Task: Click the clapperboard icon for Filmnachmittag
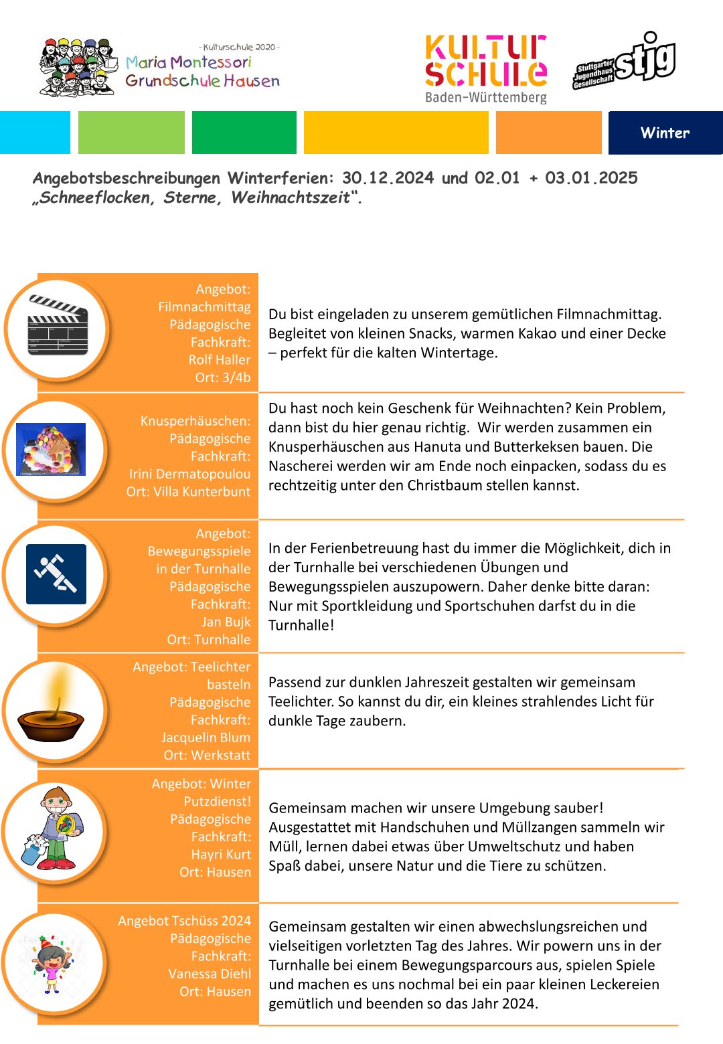[58, 326]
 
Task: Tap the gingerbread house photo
[51, 450]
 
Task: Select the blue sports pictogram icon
[56, 574]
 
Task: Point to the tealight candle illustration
[51, 712]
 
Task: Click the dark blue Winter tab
[665, 133]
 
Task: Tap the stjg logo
[625, 61]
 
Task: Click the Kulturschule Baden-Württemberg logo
[486, 69]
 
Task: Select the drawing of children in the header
[77, 67]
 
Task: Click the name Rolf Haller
[220, 360]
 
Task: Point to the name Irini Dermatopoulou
[190, 474]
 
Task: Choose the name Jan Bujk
[226, 622]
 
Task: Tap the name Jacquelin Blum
[206, 737]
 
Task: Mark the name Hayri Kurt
[221, 855]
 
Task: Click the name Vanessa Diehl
[210, 974]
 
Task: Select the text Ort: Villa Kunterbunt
[188, 491]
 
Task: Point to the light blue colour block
[35, 133]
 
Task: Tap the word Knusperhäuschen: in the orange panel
[195, 421]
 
